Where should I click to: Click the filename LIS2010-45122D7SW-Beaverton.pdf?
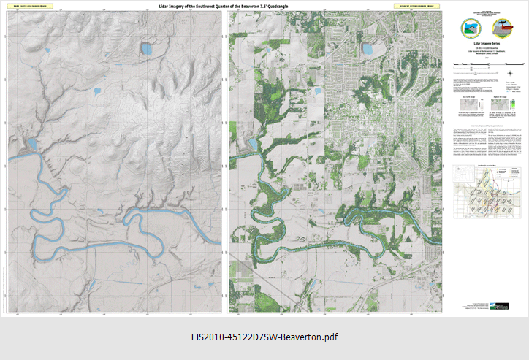point(264,337)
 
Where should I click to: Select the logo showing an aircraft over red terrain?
point(505,28)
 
